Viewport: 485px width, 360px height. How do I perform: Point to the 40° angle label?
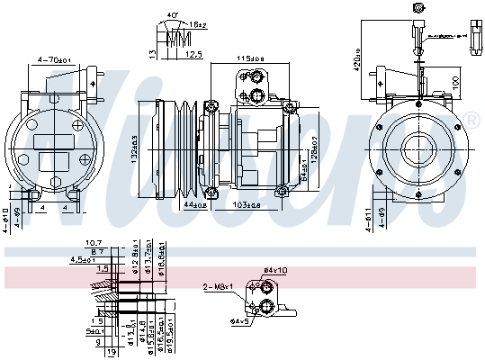(x=173, y=16)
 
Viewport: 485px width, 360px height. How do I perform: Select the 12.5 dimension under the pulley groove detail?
(x=193, y=54)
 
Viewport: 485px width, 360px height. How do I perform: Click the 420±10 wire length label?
(x=356, y=59)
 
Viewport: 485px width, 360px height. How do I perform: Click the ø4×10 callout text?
(x=275, y=270)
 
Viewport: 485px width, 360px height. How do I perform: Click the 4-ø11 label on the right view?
(x=370, y=217)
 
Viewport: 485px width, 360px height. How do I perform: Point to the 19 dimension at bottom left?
(x=111, y=352)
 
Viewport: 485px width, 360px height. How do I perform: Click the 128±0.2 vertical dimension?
(x=315, y=148)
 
